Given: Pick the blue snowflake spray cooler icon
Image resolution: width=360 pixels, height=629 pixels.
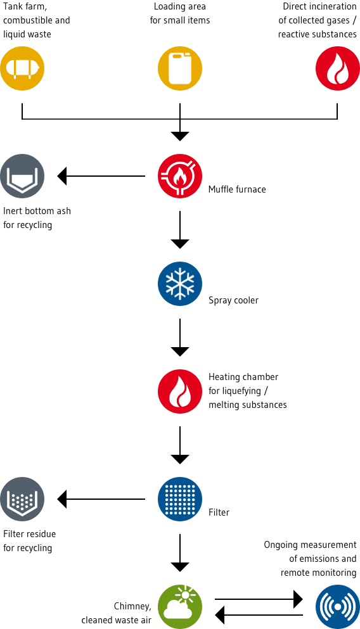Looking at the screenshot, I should click(180, 284).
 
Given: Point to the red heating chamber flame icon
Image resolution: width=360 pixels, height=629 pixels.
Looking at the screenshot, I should click(180, 391).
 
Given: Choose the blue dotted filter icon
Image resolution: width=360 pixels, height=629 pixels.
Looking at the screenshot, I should click(180, 499).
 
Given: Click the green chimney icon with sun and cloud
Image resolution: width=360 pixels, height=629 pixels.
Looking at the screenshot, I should click(180, 606).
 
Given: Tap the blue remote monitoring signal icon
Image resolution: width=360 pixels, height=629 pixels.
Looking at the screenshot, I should click(337, 606).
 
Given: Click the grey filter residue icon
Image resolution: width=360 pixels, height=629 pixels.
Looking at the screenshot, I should click(22, 499).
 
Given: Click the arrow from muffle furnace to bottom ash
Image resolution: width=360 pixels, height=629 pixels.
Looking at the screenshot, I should click(101, 175).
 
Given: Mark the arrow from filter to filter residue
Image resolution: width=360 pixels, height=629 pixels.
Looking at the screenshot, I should click(101, 499).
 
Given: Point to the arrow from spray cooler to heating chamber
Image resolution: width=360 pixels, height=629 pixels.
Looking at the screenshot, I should click(180, 337).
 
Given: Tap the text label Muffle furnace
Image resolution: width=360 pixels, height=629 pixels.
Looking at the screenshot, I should click(237, 189).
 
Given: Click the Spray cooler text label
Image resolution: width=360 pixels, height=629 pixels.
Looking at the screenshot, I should click(233, 300).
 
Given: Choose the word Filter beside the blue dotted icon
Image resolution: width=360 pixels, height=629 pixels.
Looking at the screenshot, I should click(219, 512).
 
